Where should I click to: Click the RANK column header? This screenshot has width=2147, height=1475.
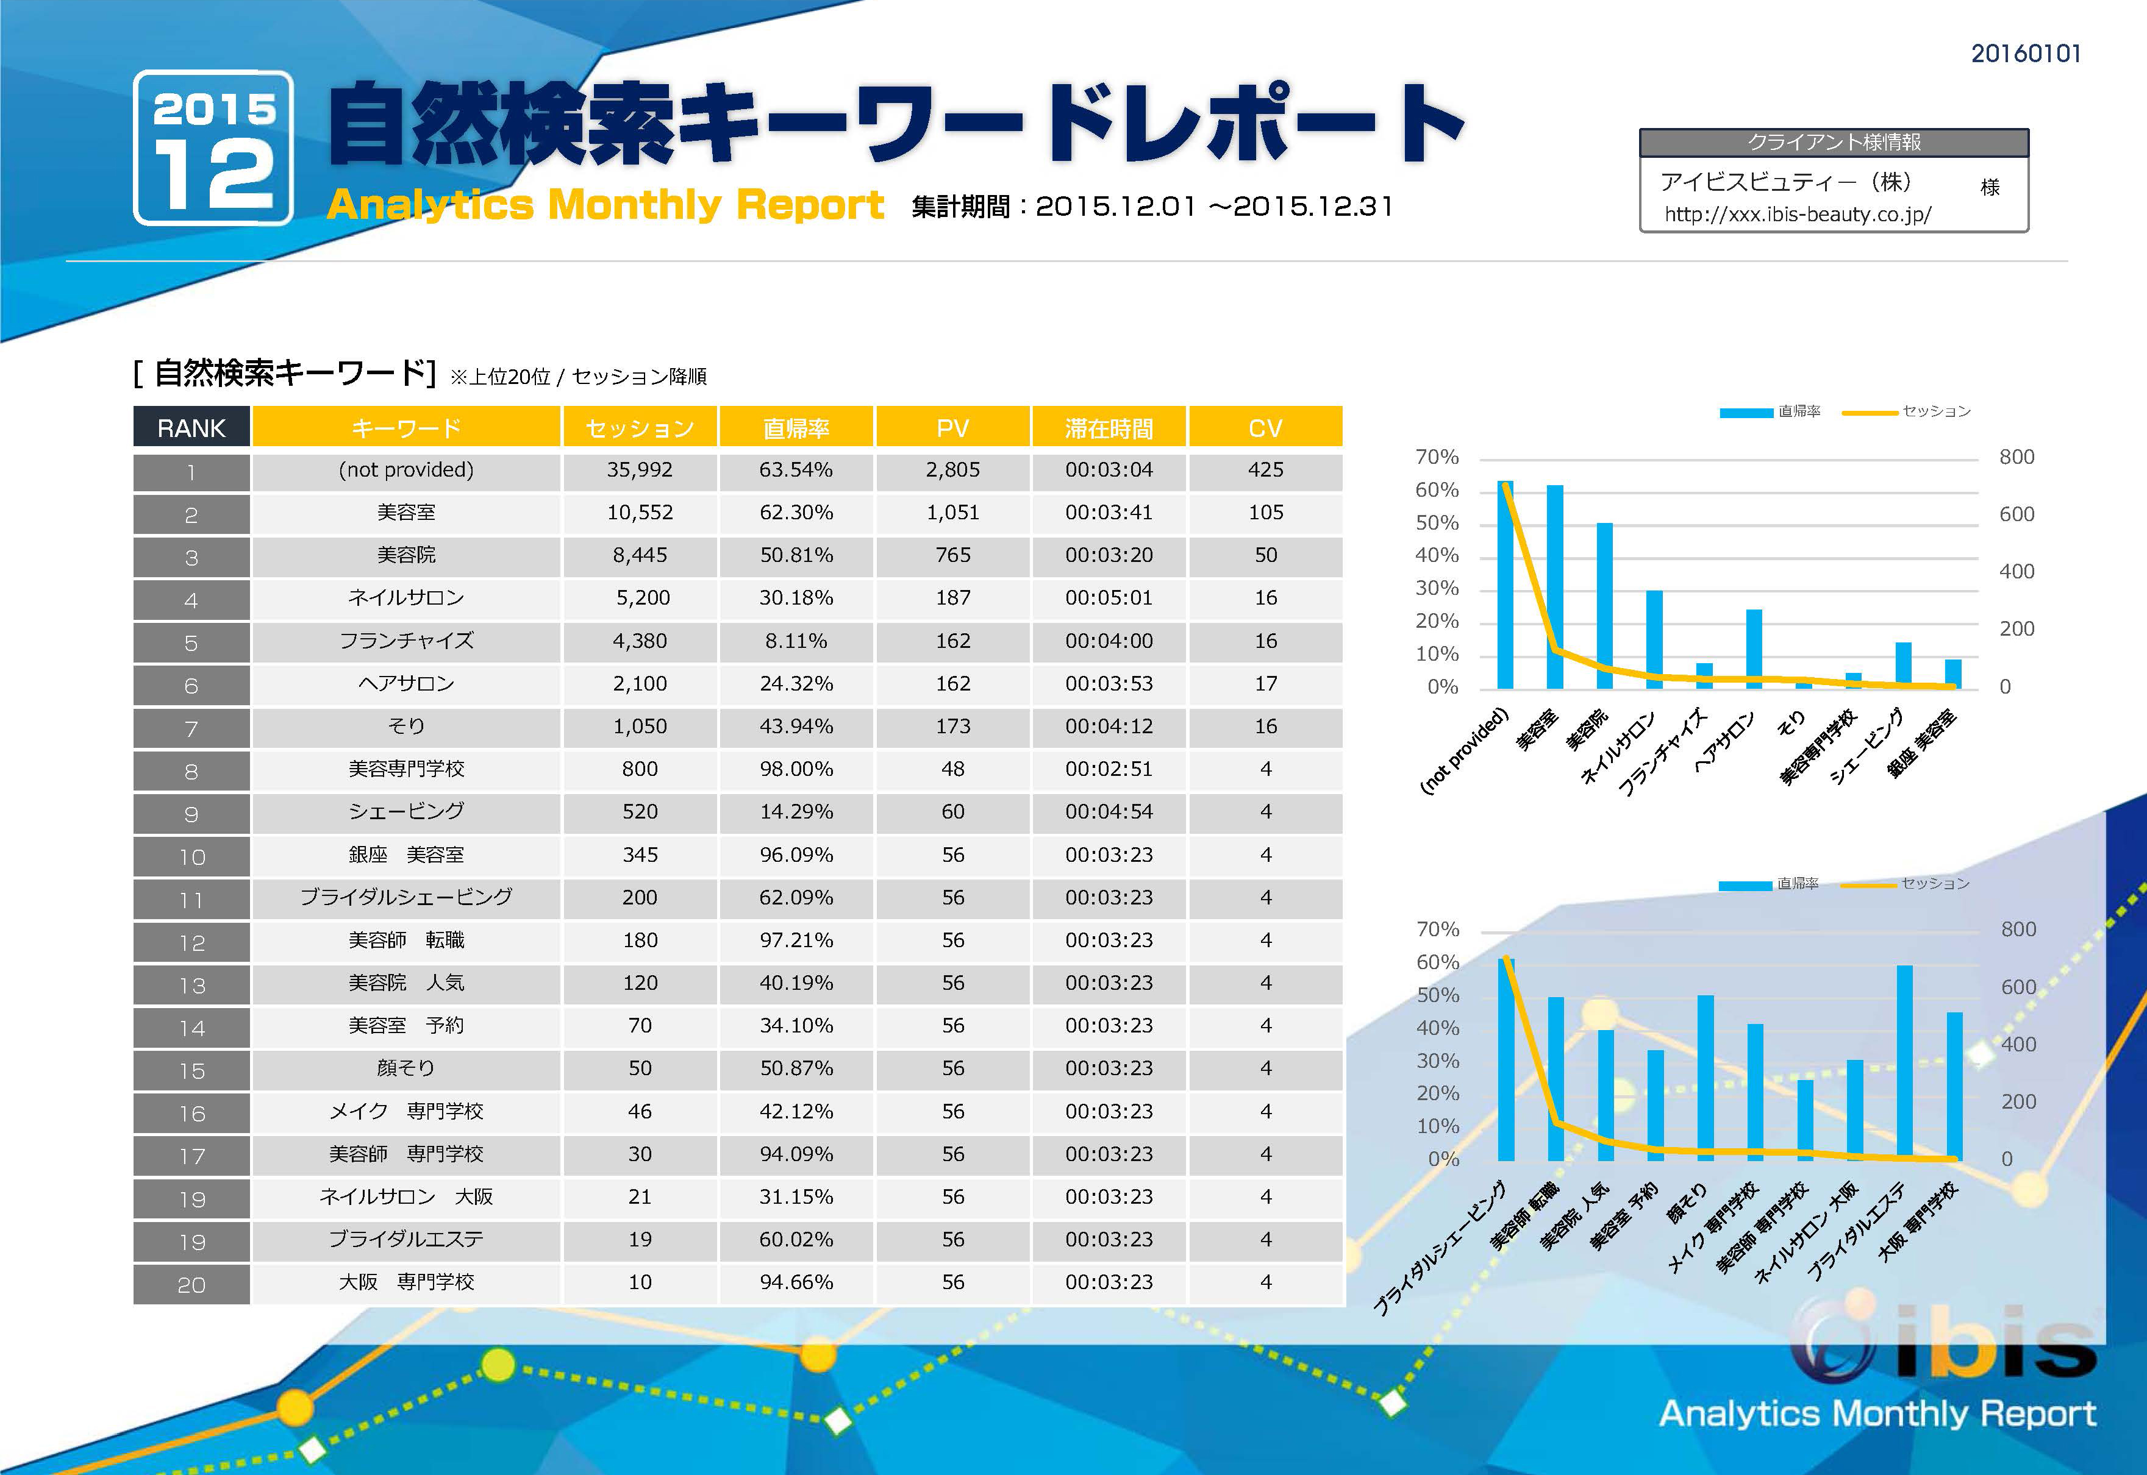(x=191, y=428)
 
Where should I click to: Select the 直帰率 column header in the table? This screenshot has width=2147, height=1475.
(x=796, y=428)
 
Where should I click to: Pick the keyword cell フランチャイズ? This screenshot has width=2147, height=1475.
(x=406, y=641)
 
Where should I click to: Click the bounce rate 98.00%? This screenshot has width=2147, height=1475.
(x=796, y=769)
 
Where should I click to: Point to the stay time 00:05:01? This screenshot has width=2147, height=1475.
(x=1109, y=598)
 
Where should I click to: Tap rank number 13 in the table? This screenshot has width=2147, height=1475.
(x=191, y=985)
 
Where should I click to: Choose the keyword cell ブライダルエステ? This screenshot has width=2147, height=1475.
(x=406, y=1239)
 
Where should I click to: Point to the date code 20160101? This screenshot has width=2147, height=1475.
(x=2025, y=54)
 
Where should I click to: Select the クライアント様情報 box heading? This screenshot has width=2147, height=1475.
(x=1834, y=143)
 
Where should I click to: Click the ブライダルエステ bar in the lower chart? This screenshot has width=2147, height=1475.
(x=1905, y=1063)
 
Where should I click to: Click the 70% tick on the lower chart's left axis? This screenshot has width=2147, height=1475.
(x=1438, y=929)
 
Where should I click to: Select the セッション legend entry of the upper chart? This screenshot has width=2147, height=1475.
(x=1935, y=411)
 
